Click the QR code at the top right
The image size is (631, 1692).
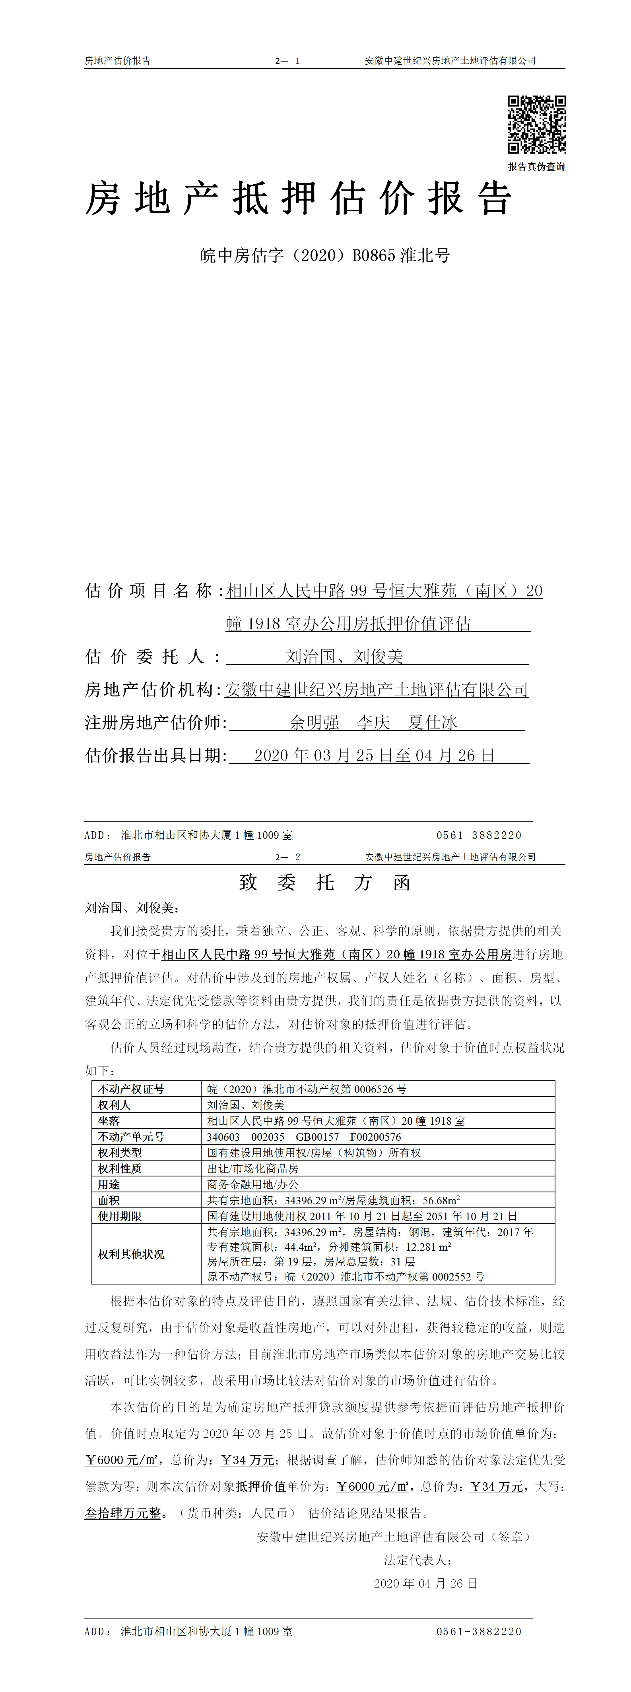(536, 124)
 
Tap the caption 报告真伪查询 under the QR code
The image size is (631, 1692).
(536, 167)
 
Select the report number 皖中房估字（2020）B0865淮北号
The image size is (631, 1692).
(325, 255)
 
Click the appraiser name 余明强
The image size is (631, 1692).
(314, 722)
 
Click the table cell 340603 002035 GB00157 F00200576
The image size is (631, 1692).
(304, 1136)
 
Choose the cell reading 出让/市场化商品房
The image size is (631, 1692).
(252, 1168)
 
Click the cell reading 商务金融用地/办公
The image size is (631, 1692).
(252, 1184)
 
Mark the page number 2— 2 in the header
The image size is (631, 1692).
(287, 857)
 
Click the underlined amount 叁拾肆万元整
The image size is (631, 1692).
(123, 1513)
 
